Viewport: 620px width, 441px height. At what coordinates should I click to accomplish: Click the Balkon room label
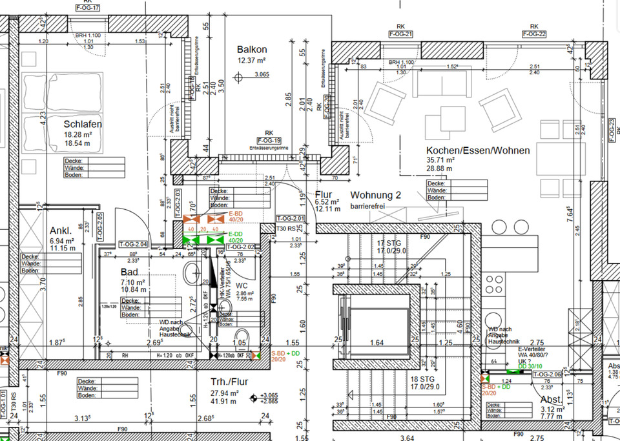(x=251, y=50)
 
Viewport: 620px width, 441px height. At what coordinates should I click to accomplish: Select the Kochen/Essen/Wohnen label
(x=477, y=150)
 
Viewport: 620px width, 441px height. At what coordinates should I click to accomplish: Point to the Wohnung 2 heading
(x=376, y=195)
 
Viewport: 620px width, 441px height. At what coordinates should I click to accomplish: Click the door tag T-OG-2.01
(x=289, y=218)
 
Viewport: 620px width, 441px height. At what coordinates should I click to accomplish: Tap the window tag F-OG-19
(x=269, y=140)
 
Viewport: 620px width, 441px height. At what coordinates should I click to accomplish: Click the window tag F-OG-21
(x=400, y=34)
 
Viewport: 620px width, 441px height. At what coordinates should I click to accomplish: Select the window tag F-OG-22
(x=533, y=34)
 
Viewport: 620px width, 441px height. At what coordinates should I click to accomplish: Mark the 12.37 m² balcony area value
(x=251, y=61)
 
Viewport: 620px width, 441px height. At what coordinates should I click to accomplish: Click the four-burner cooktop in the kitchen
(x=494, y=284)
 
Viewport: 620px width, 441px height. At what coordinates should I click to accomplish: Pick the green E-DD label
(x=235, y=234)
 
